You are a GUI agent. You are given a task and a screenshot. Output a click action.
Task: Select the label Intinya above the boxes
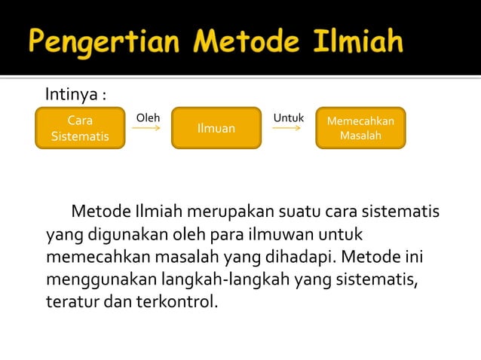pyautogui.click(x=73, y=96)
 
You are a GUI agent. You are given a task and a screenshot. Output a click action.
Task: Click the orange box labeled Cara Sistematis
pyautogui.click(x=79, y=129)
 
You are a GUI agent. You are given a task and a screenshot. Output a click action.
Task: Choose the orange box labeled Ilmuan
pyautogui.click(x=216, y=129)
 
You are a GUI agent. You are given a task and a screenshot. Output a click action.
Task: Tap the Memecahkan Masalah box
pyautogui.click(x=360, y=129)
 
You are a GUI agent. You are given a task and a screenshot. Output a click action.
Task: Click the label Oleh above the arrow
pyautogui.click(x=147, y=118)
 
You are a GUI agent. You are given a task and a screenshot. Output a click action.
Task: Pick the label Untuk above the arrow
pyautogui.click(x=288, y=118)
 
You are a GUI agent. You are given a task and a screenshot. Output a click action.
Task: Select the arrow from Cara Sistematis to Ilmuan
pyautogui.click(x=147, y=129)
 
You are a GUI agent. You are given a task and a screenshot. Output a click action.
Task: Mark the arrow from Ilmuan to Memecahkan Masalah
pyautogui.click(x=287, y=129)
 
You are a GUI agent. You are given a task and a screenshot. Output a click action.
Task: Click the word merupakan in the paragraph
pyautogui.click(x=233, y=209)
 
